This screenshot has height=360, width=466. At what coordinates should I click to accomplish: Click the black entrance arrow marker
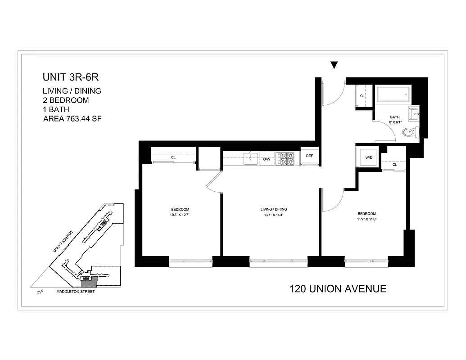coord(334,65)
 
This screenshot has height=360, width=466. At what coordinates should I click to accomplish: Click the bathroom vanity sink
coord(413,114)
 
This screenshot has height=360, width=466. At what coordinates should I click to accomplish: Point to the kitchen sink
coord(249,157)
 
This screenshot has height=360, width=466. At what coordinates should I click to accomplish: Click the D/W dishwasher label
coord(267,159)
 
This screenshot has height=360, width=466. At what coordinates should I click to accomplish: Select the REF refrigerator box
coord(309,156)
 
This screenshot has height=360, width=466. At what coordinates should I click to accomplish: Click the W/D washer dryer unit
coord(368,157)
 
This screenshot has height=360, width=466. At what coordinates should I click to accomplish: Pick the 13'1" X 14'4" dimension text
coord(274,215)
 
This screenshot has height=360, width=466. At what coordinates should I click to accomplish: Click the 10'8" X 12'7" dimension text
coord(180,215)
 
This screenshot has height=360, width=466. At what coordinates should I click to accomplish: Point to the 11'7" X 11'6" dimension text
coord(366,220)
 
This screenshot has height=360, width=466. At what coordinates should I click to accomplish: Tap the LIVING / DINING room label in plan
coord(274,209)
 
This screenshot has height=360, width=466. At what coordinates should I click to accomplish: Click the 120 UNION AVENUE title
coord(338,288)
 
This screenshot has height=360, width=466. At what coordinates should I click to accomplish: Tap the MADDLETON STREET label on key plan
coord(75,292)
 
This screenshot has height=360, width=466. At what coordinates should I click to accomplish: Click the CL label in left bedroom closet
coord(173,157)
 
